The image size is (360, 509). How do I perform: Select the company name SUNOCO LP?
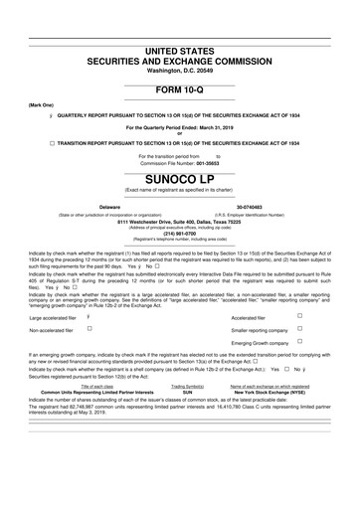pyautogui.click(x=179, y=180)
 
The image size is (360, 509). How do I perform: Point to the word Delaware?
pyautogui.click(x=109, y=207)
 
